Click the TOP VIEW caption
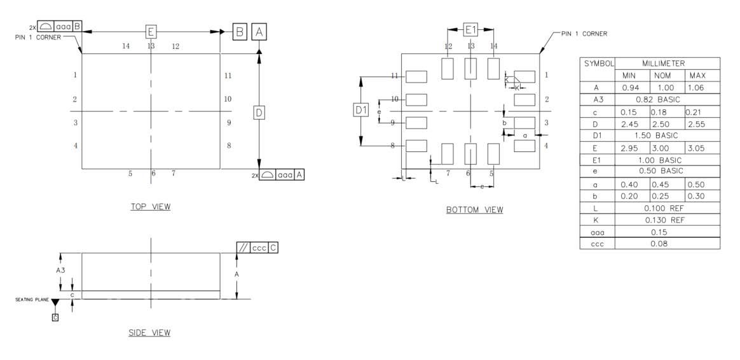coord(150,207)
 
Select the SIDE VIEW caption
coord(149,333)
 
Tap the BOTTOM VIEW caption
coord(474,210)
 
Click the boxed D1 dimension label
coord(361,110)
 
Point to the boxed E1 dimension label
coord(470,29)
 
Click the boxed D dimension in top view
coord(259,113)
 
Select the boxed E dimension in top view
coord(151,31)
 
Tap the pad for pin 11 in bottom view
coord(416,76)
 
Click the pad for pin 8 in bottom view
coord(416,146)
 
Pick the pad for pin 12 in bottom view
coord(448,68)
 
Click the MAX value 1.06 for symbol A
coord(702,88)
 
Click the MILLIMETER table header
coord(667,64)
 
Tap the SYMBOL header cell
coord(598,64)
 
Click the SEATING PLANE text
coord(32,300)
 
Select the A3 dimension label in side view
coord(60,270)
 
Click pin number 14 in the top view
coord(126,46)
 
